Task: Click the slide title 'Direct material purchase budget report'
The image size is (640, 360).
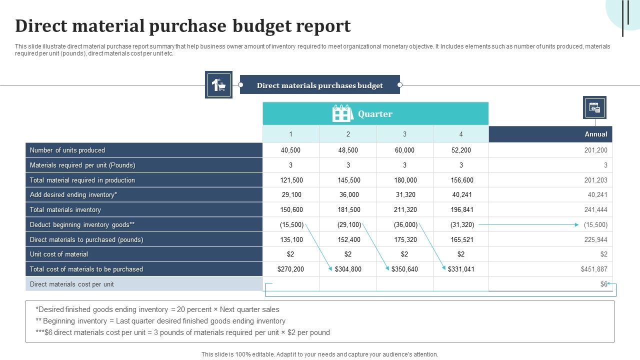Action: [x=183, y=26]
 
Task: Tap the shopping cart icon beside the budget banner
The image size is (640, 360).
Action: [x=218, y=85]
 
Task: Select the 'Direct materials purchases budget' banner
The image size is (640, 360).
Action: [x=320, y=85]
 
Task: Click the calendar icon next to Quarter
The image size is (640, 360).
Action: [x=342, y=114]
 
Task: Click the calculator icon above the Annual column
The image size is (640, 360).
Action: [x=594, y=107]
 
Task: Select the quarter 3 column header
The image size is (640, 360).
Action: [x=404, y=134]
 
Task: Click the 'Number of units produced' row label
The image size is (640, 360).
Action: [x=67, y=150]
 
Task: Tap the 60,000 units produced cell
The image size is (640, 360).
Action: [x=404, y=150]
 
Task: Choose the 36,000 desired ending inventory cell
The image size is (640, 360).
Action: [x=348, y=194]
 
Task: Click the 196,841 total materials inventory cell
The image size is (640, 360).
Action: [x=461, y=209]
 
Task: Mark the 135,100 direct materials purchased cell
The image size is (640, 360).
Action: [x=291, y=239]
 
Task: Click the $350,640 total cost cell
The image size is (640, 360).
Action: [x=404, y=269]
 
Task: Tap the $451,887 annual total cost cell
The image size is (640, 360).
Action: [x=594, y=269]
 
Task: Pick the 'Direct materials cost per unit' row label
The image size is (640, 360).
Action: [x=72, y=284]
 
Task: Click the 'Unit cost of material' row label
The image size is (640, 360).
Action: [x=59, y=254]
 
